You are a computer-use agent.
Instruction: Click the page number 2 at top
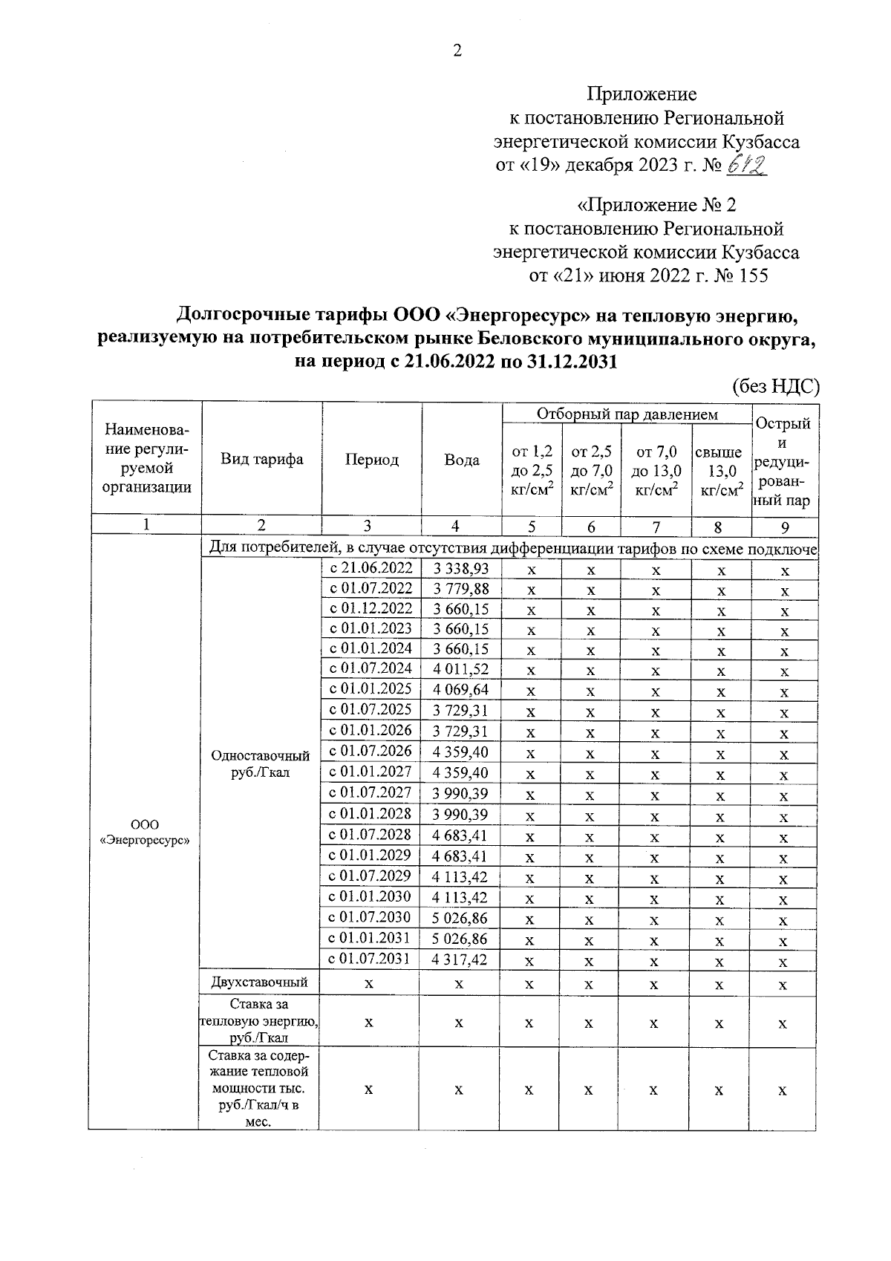pos(457,51)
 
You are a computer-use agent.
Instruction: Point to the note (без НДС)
pos(775,386)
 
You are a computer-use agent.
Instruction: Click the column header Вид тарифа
pos(261,459)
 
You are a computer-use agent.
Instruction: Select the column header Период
pos(371,460)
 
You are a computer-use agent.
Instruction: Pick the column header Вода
pos(461,460)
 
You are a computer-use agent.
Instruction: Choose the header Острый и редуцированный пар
pos(783,461)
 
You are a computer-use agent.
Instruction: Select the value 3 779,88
pos(460,589)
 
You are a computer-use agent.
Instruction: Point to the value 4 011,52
pos(460,669)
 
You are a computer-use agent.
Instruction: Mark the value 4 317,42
pos(460,959)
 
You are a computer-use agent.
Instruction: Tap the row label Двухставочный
pos(259,983)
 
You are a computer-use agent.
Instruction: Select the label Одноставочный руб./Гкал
pos(260,763)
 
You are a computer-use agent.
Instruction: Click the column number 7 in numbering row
pos(656,527)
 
